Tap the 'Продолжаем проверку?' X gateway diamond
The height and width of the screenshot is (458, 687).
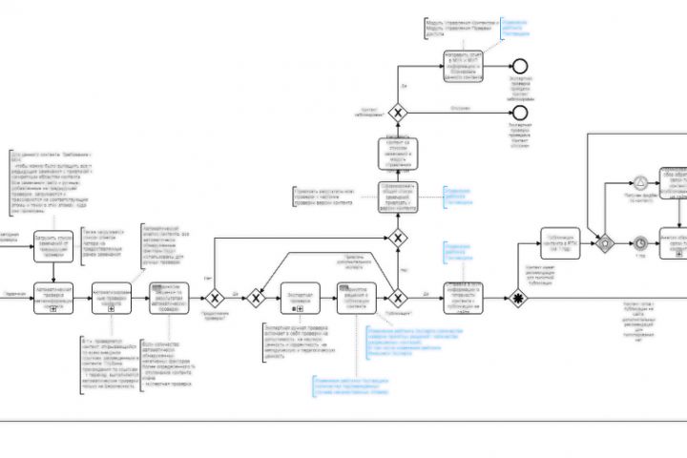pyautogui.click(x=217, y=298)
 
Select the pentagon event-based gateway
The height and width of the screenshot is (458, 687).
pyautogui.click(x=603, y=243)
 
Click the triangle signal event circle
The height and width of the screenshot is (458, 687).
pyautogui.click(x=641, y=181)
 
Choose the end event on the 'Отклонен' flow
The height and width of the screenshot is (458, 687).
pyautogui.click(x=520, y=113)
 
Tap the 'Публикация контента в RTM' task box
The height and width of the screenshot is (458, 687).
pyautogui.click(x=560, y=243)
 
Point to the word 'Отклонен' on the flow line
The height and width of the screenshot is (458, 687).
pyautogui.click(x=460, y=108)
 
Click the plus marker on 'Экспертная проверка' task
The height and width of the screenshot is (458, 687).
pyautogui.click(x=300, y=310)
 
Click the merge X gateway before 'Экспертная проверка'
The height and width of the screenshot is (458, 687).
pyautogui.click(x=256, y=298)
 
